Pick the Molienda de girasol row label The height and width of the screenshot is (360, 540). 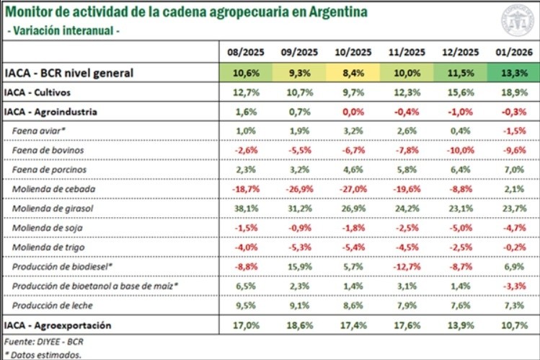53,209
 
